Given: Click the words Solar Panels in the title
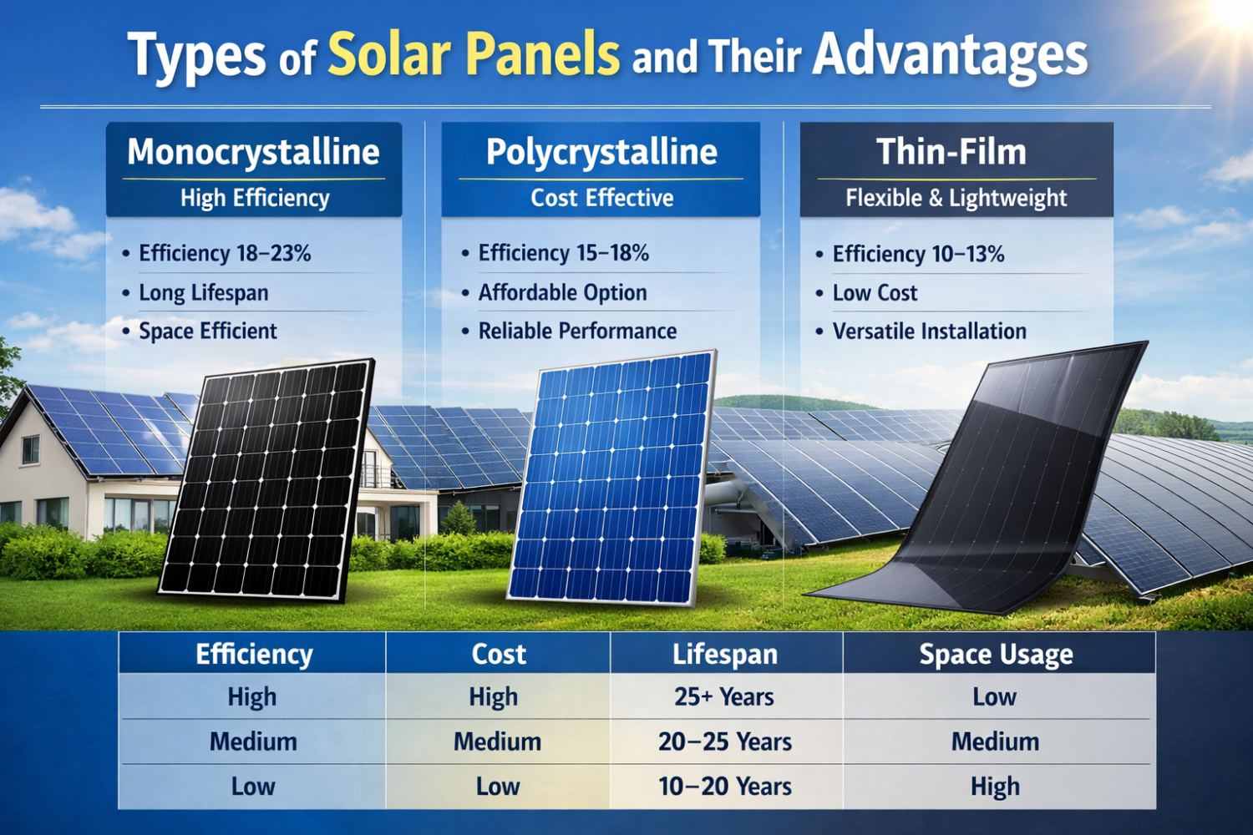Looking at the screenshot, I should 473,55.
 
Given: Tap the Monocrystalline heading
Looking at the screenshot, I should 253,152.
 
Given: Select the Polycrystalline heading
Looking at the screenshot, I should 601,152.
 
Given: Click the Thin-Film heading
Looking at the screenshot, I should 951,152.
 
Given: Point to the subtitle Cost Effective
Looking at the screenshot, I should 601,198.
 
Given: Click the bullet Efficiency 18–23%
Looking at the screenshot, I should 224,253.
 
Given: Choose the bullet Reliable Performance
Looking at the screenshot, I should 576,331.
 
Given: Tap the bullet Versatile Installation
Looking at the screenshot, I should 929,331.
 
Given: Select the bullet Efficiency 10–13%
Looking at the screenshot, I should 917,254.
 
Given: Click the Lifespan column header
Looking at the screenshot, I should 725,654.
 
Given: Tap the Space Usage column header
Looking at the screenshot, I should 996,655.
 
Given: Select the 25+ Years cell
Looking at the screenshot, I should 724,696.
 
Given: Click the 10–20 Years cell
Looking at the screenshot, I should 724,786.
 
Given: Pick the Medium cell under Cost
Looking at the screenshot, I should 497,741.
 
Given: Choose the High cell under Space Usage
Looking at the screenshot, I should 995,786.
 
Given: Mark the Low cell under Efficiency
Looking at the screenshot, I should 252,786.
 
